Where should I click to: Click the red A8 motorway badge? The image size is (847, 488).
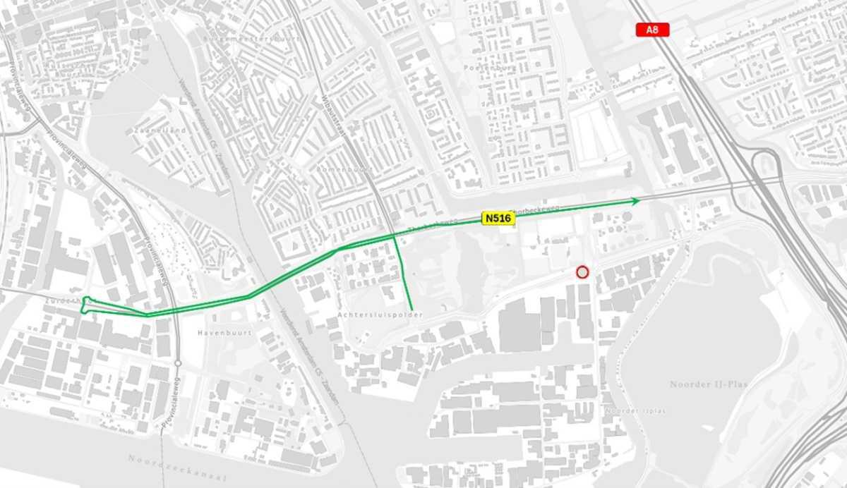coord(652,30)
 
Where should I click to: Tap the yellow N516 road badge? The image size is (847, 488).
coord(498,219)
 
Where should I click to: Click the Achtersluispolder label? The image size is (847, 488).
coord(380,315)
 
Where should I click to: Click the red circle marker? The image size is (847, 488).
coord(582,272)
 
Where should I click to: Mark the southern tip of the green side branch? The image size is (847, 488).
coord(412,309)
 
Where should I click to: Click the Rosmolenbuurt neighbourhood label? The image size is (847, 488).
coord(344,170)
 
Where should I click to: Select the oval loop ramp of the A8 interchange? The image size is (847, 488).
coord(762,164)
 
